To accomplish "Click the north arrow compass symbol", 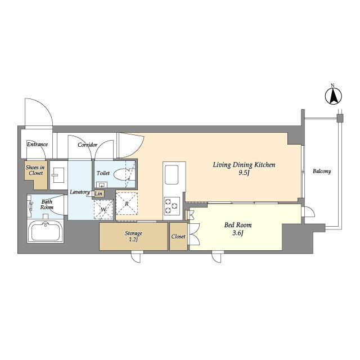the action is point(334,96).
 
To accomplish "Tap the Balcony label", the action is point(322,171).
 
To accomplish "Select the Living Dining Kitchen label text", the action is point(244,165).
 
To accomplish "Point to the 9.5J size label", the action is point(244,173).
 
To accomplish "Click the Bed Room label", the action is point(238,225).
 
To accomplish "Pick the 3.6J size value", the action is point(238,233).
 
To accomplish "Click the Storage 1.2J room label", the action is point(133,236).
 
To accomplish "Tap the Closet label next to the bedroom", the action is point(178,236).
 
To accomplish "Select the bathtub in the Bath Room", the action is point(46,231).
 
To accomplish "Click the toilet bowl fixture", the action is point(122,175).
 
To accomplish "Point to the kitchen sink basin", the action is point(172,175).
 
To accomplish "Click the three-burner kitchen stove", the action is point(172,205).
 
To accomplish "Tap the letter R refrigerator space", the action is point(127,204).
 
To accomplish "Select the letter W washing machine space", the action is point(103,210).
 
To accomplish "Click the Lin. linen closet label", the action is point(99,193).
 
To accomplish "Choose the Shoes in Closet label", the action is point(35,170).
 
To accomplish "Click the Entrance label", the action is point(38,145).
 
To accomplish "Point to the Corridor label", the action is point(88,145).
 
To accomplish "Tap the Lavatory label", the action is point(80,192).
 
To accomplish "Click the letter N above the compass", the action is point(332,85).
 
